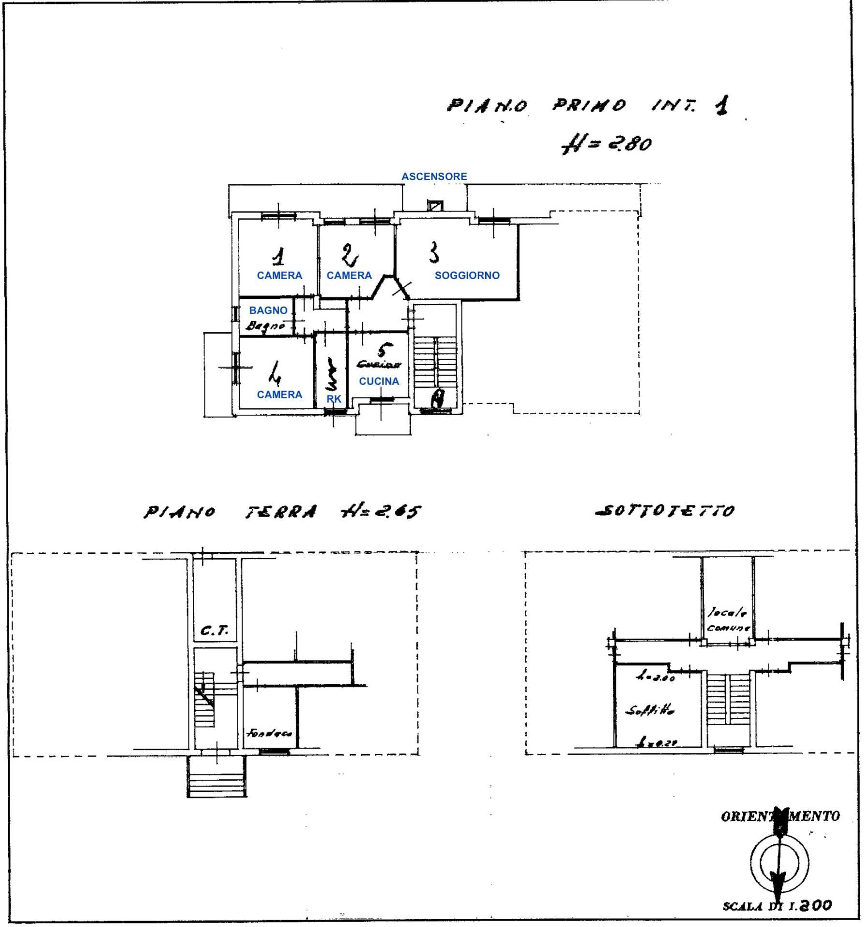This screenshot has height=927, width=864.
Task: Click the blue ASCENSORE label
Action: click(x=434, y=177)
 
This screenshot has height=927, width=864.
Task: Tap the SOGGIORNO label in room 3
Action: click(x=467, y=275)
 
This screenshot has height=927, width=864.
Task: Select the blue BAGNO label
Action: click(x=268, y=310)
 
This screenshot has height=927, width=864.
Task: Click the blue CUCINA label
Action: click(x=379, y=381)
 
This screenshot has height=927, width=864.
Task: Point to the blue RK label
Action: click(x=334, y=399)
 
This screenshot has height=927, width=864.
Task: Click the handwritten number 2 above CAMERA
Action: click(x=349, y=255)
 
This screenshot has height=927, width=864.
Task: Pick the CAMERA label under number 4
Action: click(x=279, y=394)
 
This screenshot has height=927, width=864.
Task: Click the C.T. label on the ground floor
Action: click(x=214, y=631)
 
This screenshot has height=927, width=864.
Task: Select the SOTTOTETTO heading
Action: click(x=664, y=510)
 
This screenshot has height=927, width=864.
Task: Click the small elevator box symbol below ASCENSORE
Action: click(x=434, y=206)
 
